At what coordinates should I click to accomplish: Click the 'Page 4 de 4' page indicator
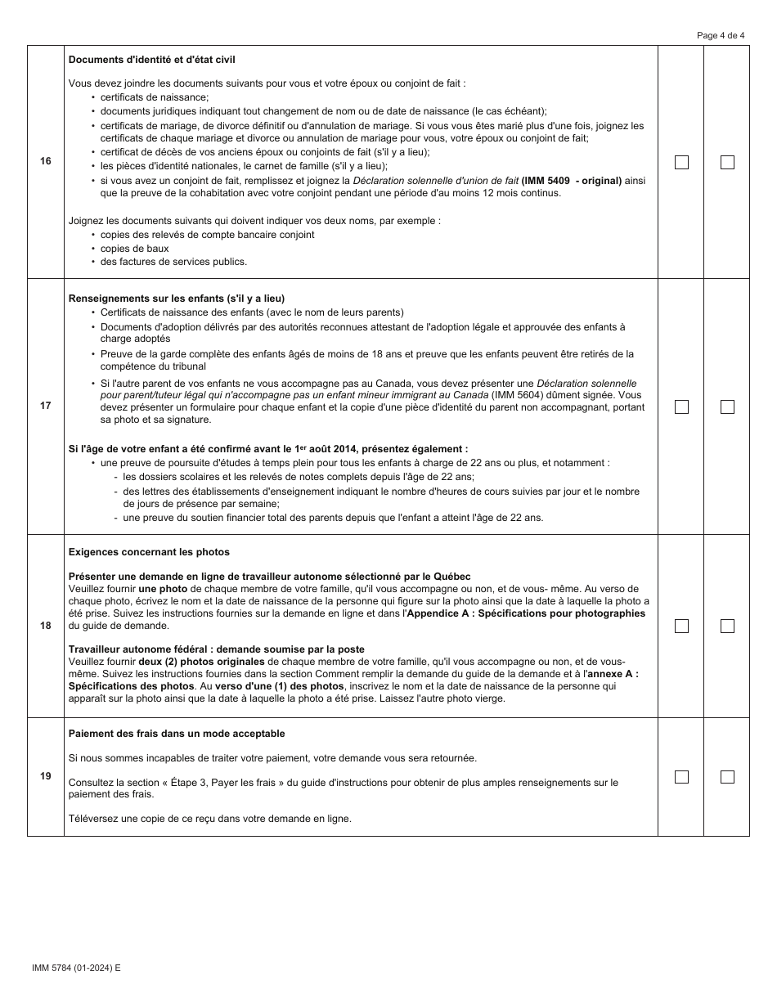(721, 35)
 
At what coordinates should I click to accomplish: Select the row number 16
(46, 161)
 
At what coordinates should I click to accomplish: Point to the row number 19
(46, 776)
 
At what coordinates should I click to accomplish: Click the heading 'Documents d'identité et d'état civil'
(153, 60)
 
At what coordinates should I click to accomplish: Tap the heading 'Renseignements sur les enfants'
(177, 299)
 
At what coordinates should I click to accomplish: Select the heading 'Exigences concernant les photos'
(149, 552)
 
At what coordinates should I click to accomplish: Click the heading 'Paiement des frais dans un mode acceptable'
(177, 734)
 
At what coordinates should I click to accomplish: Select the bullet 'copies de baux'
(134, 248)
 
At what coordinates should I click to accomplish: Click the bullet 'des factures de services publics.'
(173, 262)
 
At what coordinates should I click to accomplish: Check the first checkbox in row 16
(681, 162)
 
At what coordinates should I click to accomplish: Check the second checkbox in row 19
(727, 777)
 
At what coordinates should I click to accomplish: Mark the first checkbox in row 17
(681, 406)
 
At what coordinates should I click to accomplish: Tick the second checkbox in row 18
(727, 626)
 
